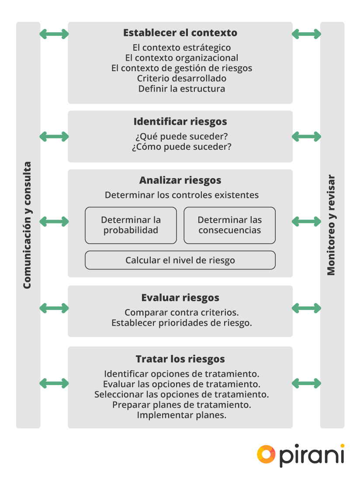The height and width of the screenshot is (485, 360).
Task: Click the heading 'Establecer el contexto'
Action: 180,33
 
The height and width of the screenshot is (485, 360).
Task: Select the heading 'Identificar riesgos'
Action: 180,121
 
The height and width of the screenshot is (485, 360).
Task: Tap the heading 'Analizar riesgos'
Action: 180,180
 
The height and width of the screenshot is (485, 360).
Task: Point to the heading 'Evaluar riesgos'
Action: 180,298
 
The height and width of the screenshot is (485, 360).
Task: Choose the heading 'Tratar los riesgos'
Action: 180,359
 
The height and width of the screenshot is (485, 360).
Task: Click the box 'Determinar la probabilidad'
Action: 131,225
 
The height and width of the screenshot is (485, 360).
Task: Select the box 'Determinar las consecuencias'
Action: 229,225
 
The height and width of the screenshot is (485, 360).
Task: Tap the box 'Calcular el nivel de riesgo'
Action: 180,260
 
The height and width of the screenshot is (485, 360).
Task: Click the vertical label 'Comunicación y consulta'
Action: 28,225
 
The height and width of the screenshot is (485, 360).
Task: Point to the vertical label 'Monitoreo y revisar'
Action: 332,225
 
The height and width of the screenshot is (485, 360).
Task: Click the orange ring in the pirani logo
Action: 266,454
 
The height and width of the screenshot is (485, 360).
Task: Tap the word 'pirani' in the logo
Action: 312,456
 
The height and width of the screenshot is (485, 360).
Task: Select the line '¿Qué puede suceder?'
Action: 180,136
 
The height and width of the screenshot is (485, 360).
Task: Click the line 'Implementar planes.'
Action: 182,415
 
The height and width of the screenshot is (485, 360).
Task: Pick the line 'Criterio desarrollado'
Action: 182,79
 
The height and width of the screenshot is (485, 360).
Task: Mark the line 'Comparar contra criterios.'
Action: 182,313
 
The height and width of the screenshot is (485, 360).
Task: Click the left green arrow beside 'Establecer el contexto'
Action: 54,34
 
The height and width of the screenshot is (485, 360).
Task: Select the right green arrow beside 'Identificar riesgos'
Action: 306,137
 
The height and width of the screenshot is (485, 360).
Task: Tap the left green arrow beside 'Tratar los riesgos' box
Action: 54,383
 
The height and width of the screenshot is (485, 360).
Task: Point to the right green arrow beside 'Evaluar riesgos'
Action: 306,308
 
